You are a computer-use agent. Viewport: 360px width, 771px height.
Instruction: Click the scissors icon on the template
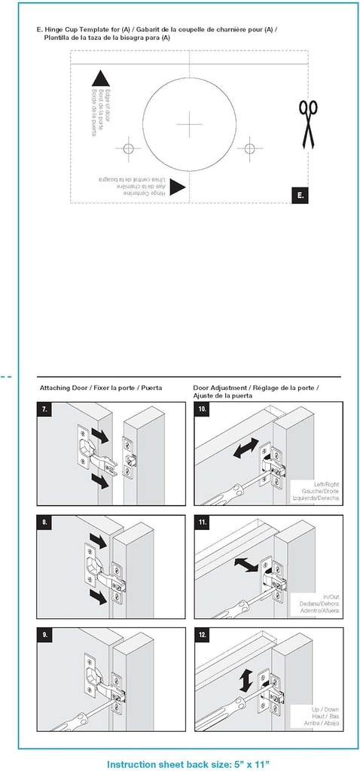(x=307, y=124)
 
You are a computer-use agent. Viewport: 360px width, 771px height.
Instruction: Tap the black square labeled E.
(x=300, y=195)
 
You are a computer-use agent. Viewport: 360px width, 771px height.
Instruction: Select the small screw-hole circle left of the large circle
(x=129, y=147)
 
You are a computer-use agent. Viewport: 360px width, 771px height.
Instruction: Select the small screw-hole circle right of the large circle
(x=249, y=147)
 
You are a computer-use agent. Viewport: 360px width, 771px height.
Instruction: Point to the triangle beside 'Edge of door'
(x=100, y=78)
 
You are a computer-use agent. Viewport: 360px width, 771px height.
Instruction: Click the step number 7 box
(x=46, y=410)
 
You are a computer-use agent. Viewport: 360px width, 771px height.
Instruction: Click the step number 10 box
(x=203, y=410)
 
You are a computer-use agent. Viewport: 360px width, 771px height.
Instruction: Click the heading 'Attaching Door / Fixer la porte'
(x=101, y=388)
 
